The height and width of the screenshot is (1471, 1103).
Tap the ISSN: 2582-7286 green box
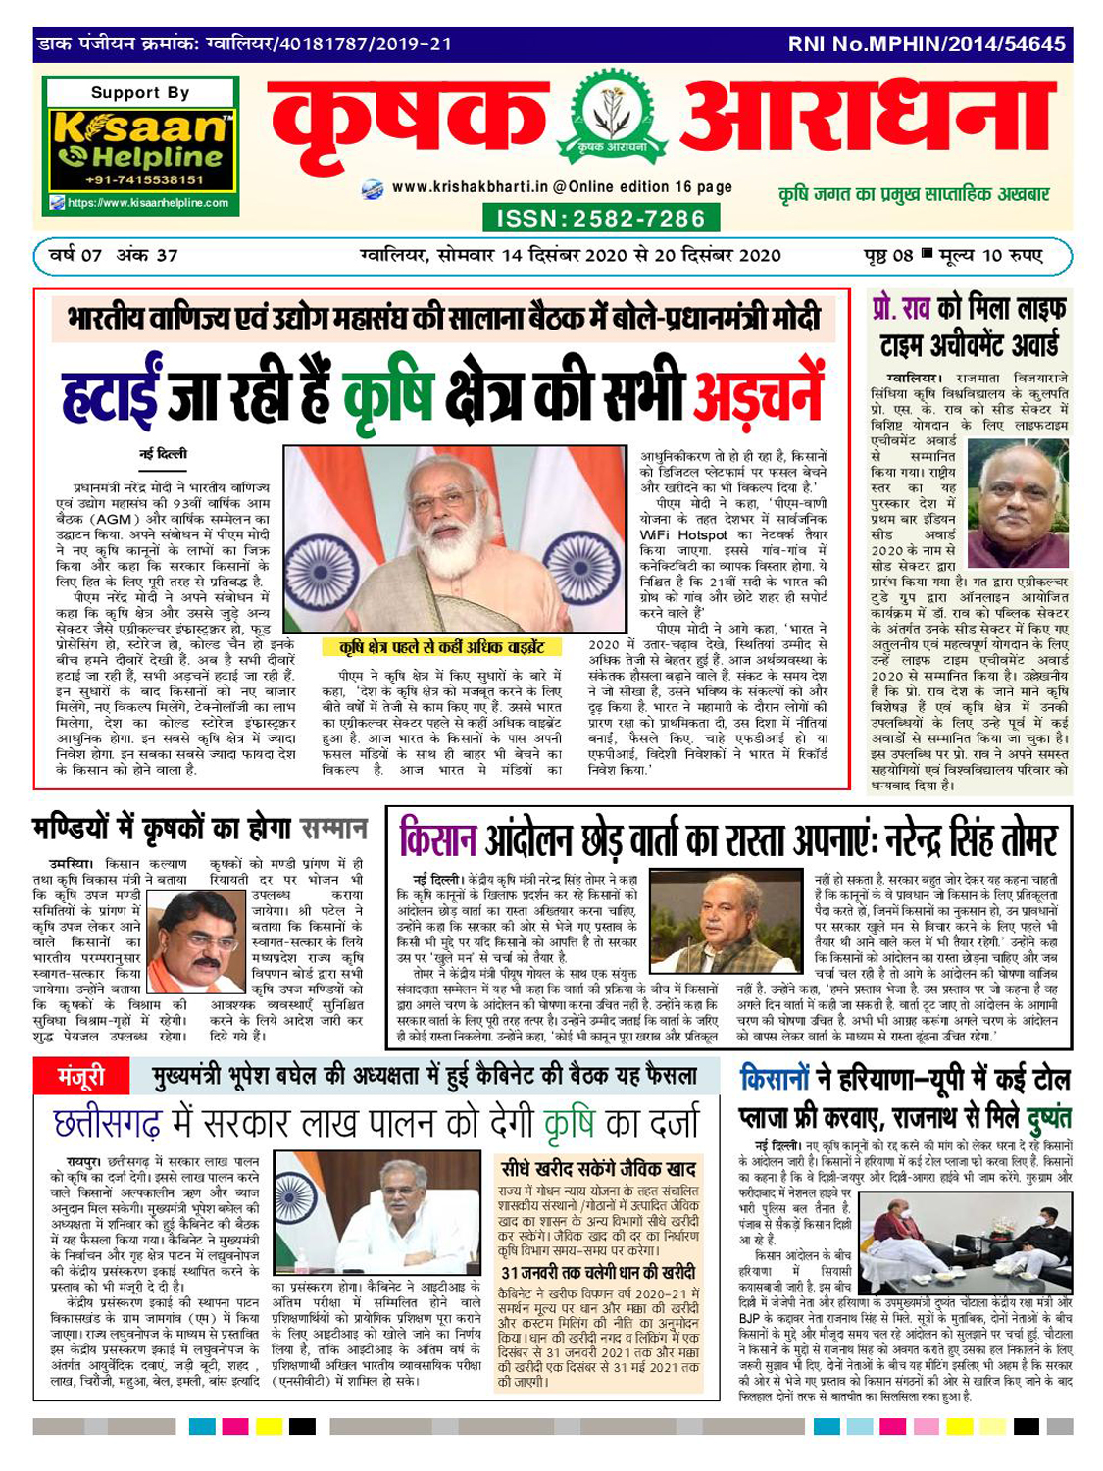tap(601, 218)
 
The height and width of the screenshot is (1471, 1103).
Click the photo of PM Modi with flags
tap(454, 538)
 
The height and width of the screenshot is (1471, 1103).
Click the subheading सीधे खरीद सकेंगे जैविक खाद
tap(598, 1168)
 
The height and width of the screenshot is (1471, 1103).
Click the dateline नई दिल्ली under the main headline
tap(163, 454)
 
